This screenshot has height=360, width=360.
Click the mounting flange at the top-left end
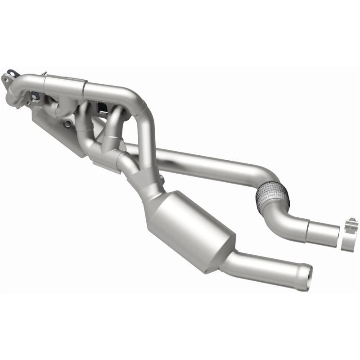[x=10, y=79]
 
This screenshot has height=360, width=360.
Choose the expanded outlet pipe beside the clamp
[x=322, y=231]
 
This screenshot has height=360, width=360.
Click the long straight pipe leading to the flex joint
[x=207, y=162]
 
